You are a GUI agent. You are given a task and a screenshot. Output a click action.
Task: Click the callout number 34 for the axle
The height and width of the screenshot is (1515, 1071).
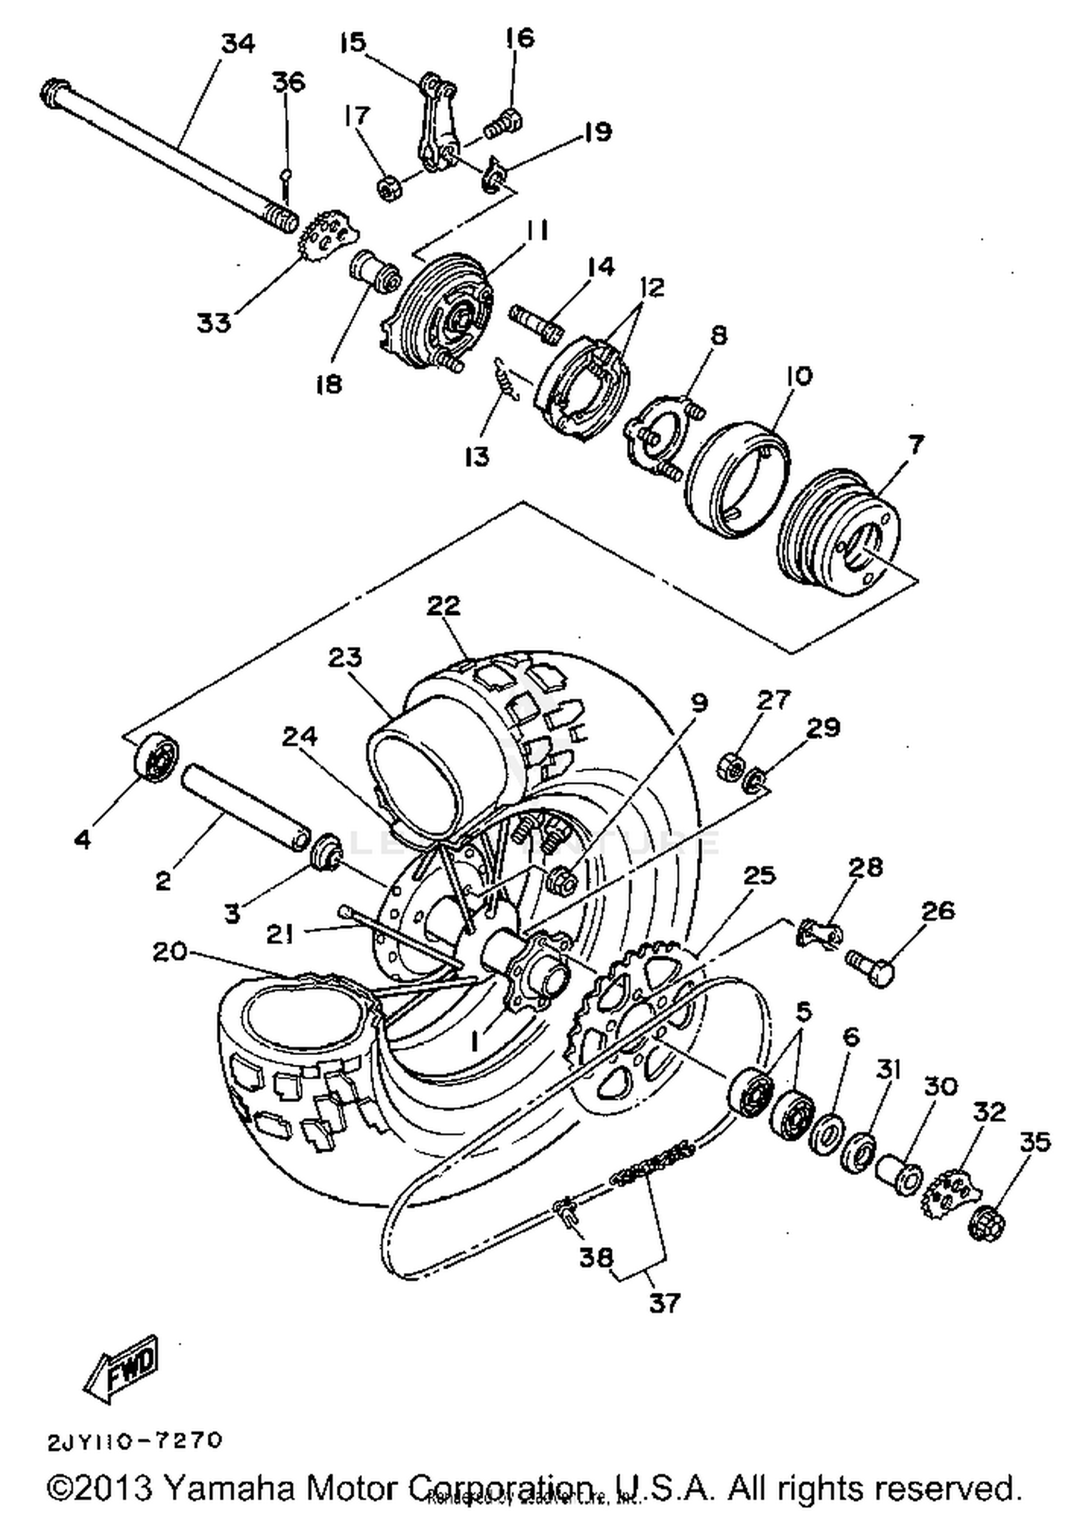coord(238,44)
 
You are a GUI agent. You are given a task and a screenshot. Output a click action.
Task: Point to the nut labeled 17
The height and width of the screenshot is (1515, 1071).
coord(388,189)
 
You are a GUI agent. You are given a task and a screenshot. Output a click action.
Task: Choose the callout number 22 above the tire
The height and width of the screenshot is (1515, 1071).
coord(443,606)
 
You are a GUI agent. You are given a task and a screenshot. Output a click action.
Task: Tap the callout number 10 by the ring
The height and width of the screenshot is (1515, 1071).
coord(799,376)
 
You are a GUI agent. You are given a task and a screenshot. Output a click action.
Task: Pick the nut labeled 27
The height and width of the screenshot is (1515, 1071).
coord(729,768)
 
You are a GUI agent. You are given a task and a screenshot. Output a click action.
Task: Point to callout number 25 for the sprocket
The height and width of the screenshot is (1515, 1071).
coord(759,876)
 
